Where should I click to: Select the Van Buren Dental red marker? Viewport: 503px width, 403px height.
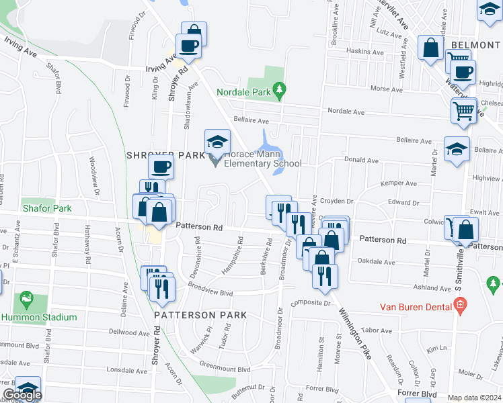pos(460,307)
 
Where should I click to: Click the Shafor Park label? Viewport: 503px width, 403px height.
pos(47,209)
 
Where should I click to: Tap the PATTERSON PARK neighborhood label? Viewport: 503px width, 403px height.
pos(200,314)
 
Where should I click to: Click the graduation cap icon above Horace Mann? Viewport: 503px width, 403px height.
pos(217,142)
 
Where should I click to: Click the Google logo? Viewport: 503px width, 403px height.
pos(22,395)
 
